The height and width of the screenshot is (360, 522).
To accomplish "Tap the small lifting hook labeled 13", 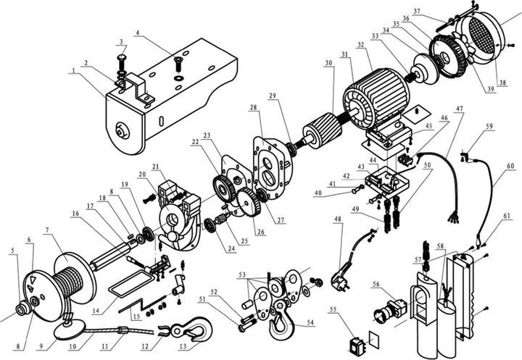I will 194,332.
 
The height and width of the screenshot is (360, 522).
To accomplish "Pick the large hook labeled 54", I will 278,324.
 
